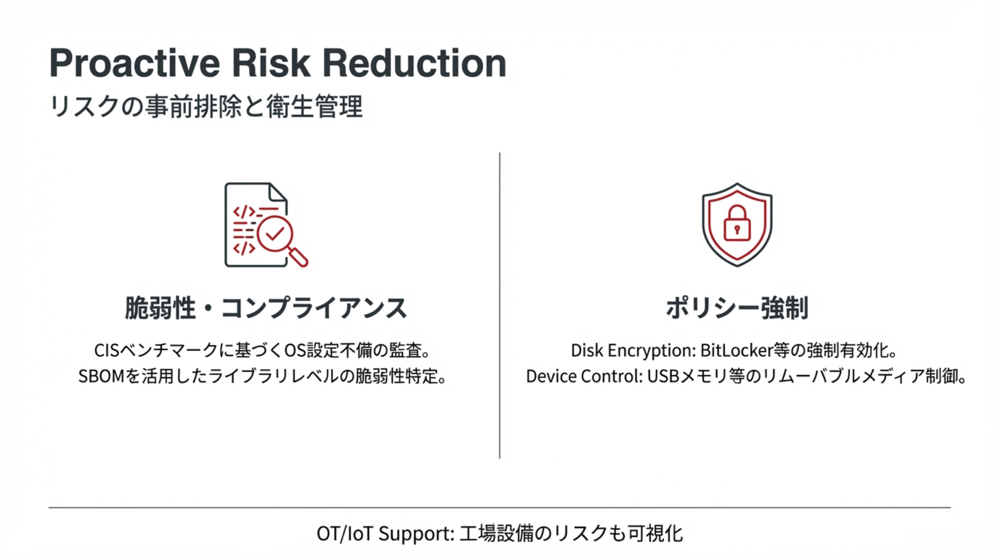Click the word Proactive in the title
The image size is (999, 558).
pos(135,64)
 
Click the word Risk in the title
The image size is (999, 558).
pos(271,63)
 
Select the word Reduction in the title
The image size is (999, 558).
pos(415,63)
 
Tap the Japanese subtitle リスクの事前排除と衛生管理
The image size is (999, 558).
pos(205,106)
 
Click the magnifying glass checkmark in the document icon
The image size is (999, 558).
pos(275,234)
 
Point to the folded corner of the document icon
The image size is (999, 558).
pos(278,192)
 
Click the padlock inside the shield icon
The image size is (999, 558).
pos(737,223)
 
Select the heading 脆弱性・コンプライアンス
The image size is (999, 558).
pos(266,308)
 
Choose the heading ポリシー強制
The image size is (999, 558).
pos(737,308)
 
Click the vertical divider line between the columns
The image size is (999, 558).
pos(499,305)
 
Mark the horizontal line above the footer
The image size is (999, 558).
pos(499,507)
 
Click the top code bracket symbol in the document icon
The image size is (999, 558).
pos(244,212)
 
